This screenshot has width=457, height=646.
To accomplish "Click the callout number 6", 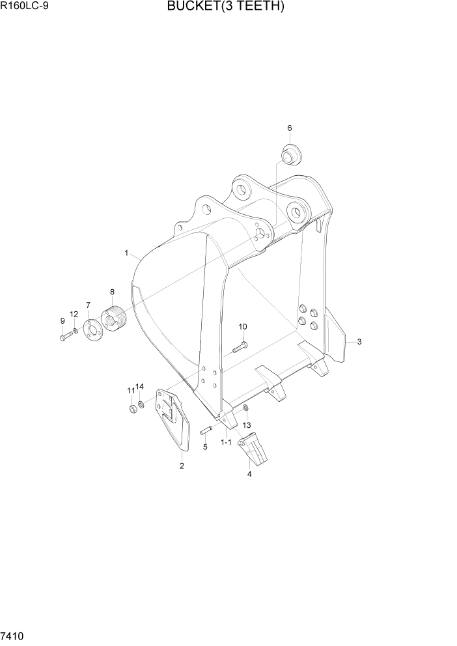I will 289,128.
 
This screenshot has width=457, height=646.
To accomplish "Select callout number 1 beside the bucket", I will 126,252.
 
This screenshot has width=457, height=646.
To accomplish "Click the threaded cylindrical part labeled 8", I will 116,319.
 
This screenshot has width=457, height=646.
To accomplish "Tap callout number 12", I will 74,315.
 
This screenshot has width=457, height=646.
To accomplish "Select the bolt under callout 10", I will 238,348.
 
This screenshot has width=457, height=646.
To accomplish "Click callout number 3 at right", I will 359,342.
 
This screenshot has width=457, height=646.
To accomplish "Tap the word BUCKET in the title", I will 192,7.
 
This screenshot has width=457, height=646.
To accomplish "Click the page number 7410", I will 14,634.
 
